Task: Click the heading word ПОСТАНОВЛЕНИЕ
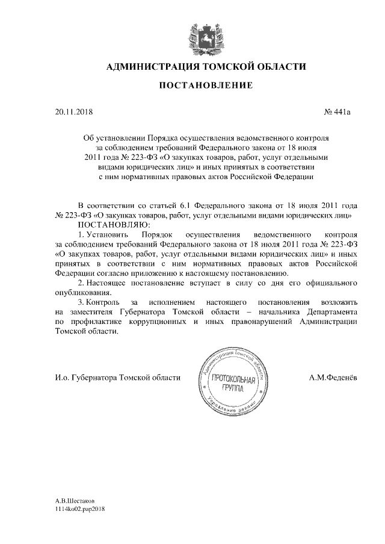[205, 87]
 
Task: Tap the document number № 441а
[337, 112]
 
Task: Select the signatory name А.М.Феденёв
[333, 377]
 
